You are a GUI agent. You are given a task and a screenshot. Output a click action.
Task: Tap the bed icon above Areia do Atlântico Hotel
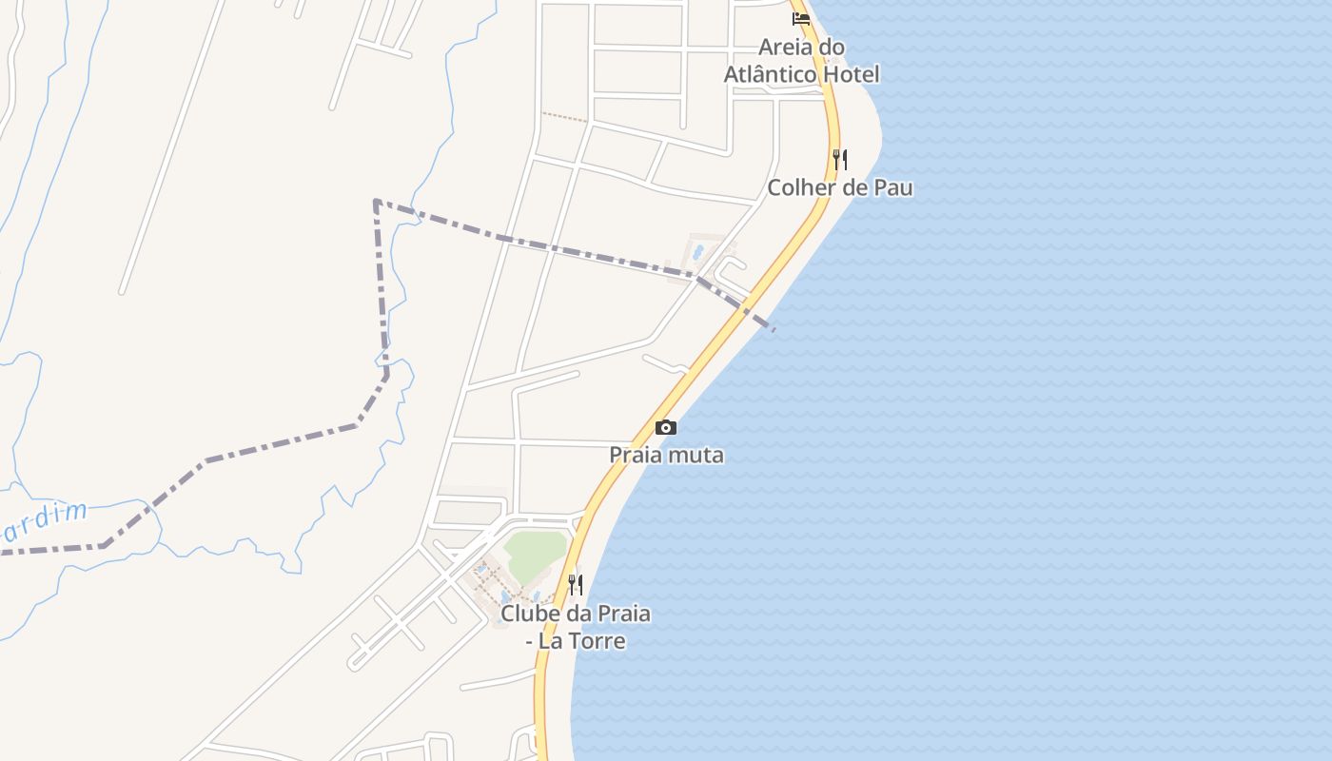pyautogui.click(x=801, y=18)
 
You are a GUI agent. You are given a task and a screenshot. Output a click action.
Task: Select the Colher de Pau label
pyautogui.click(x=840, y=187)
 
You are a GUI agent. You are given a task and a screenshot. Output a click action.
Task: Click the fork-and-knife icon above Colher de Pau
pyautogui.click(x=839, y=159)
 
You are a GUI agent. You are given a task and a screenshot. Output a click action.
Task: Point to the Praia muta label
pyautogui.click(x=666, y=455)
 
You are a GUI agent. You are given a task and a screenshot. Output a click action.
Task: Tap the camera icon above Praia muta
pyautogui.click(x=666, y=428)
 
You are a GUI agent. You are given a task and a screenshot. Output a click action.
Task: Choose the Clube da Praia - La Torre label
pyautogui.click(x=576, y=627)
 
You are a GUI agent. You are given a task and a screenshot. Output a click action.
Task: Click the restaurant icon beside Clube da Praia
pyautogui.click(x=575, y=584)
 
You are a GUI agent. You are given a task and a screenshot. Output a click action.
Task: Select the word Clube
pyautogui.click(x=530, y=614)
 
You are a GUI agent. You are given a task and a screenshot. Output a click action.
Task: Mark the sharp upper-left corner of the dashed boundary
pyautogui.click(x=377, y=202)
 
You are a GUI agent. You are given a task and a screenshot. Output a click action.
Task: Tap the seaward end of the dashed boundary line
pyautogui.click(x=773, y=329)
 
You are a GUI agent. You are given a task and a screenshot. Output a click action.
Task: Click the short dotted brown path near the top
pyautogui.click(x=565, y=117)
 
